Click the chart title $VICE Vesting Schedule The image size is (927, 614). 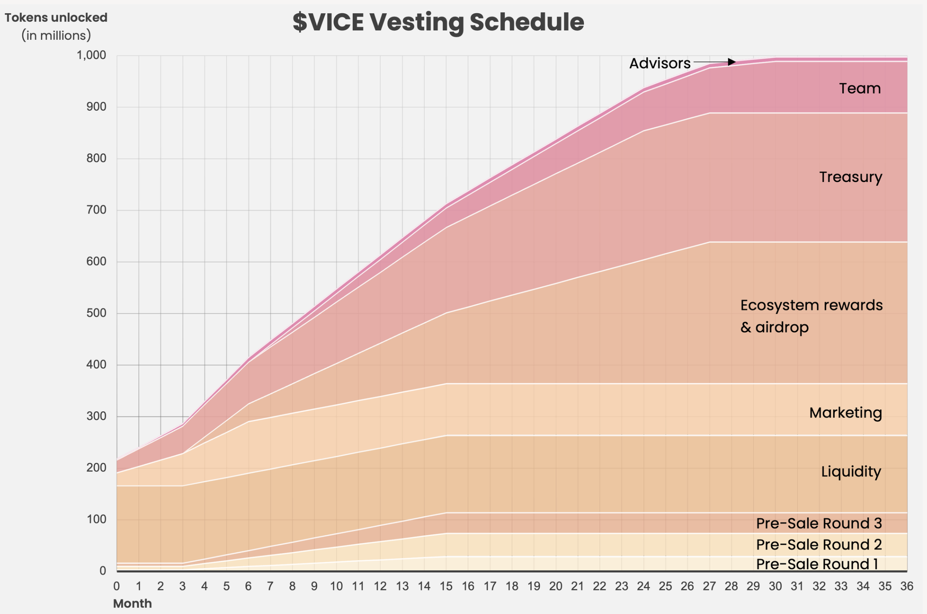(438, 22)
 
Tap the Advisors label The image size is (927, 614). (659, 63)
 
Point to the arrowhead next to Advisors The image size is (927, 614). (731, 62)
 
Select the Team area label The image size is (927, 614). (860, 88)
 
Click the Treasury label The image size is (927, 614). (851, 177)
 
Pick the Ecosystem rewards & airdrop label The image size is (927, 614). (811, 315)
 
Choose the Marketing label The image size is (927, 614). (846, 413)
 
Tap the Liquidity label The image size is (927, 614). (851, 472)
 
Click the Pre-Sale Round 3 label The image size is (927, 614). (818, 523)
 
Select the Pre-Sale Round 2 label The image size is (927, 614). (818, 544)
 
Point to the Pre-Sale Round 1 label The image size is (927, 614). (817, 564)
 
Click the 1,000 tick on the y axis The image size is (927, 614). (91, 55)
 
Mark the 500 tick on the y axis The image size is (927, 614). (96, 313)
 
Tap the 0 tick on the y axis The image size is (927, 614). (103, 571)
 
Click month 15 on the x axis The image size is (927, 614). (446, 586)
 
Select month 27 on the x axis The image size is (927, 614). (709, 586)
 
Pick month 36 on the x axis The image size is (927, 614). (907, 586)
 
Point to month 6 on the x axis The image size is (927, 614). (248, 586)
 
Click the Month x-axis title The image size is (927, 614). (132, 604)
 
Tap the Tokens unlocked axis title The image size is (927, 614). (56, 18)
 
